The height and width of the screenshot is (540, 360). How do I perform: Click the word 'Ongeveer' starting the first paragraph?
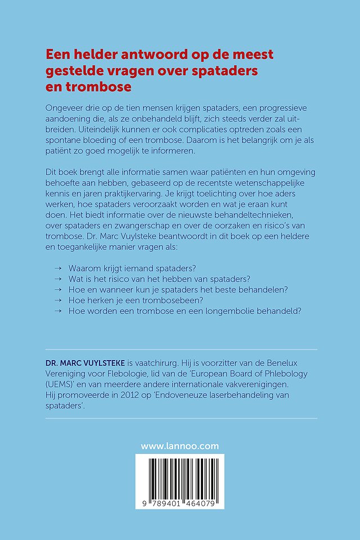point(66,107)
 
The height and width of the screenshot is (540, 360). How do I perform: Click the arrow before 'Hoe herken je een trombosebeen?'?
point(57,300)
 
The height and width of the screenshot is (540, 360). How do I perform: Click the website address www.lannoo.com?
point(180,446)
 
